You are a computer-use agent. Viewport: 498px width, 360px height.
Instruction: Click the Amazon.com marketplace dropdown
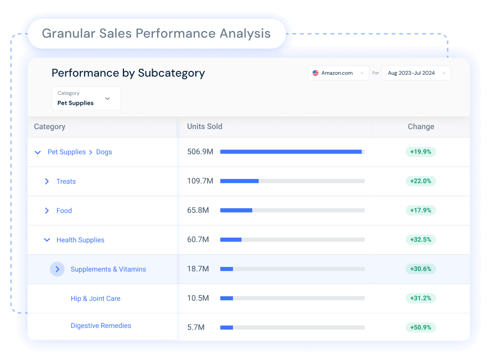[338, 73]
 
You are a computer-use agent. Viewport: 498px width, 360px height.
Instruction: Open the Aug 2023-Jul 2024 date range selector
[416, 73]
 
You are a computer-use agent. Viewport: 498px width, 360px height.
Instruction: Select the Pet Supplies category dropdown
[86, 98]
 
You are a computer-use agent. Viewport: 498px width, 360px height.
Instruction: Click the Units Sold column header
[205, 126]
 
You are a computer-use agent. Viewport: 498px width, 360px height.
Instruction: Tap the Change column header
[421, 127]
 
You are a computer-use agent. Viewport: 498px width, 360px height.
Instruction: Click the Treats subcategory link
[66, 181]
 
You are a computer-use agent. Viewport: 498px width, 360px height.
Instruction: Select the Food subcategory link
[64, 210]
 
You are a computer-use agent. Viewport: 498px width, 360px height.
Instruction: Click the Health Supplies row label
[80, 240]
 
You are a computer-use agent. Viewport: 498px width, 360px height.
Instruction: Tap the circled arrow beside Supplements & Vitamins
[57, 269]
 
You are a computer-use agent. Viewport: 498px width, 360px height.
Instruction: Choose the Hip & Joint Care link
[96, 299]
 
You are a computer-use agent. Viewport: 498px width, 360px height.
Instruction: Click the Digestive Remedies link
[101, 325]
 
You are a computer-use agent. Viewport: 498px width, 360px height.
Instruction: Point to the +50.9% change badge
[421, 327]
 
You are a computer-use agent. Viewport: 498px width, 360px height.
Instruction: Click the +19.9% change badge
[421, 152]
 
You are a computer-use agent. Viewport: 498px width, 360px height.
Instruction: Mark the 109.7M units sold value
[200, 181]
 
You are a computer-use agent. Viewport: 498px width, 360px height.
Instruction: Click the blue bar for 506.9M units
[291, 152]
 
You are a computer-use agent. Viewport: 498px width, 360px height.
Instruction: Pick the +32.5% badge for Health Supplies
[421, 239]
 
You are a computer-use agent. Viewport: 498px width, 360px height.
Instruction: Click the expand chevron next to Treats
[46, 181]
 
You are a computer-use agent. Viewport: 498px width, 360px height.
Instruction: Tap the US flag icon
[315, 73]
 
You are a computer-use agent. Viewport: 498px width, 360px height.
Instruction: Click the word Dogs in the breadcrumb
[104, 152]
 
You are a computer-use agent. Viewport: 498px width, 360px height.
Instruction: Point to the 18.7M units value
[198, 269]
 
